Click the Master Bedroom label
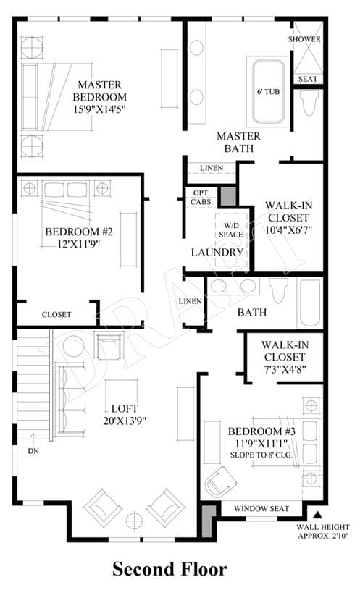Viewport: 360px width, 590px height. pyautogui.click(x=99, y=90)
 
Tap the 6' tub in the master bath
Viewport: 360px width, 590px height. pyautogui.click(x=268, y=92)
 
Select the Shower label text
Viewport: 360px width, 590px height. pyautogui.click(x=305, y=39)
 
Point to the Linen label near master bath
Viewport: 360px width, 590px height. pyautogui.click(x=212, y=168)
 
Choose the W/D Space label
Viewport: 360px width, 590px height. pyautogui.click(x=231, y=230)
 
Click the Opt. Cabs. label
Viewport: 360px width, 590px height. pyautogui.click(x=201, y=198)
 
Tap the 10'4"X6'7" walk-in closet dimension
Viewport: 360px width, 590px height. pyautogui.click(x=288, y=230)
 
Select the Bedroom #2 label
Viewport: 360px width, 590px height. pyautogui.click(x=79, y=232)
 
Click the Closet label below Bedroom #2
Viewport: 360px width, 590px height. pyautogui.click(x=56, y=315)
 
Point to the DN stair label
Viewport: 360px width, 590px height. pyautogui.click(x=33, y=451)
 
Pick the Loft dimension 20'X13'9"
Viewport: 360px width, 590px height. pyautogui.click(x=125, y=421)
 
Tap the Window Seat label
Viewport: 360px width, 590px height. pyautogui.click(x=261, y=509)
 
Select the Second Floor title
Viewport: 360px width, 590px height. pyautogui.click(x=169, y=569)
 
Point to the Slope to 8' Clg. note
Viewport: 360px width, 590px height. pyautogui.click(x=261, y=455)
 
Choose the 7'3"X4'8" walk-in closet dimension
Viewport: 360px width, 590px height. pyautogui.click(x=285, y=369)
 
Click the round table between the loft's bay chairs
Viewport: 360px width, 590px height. pyautogui.click(x=133, y=521)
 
